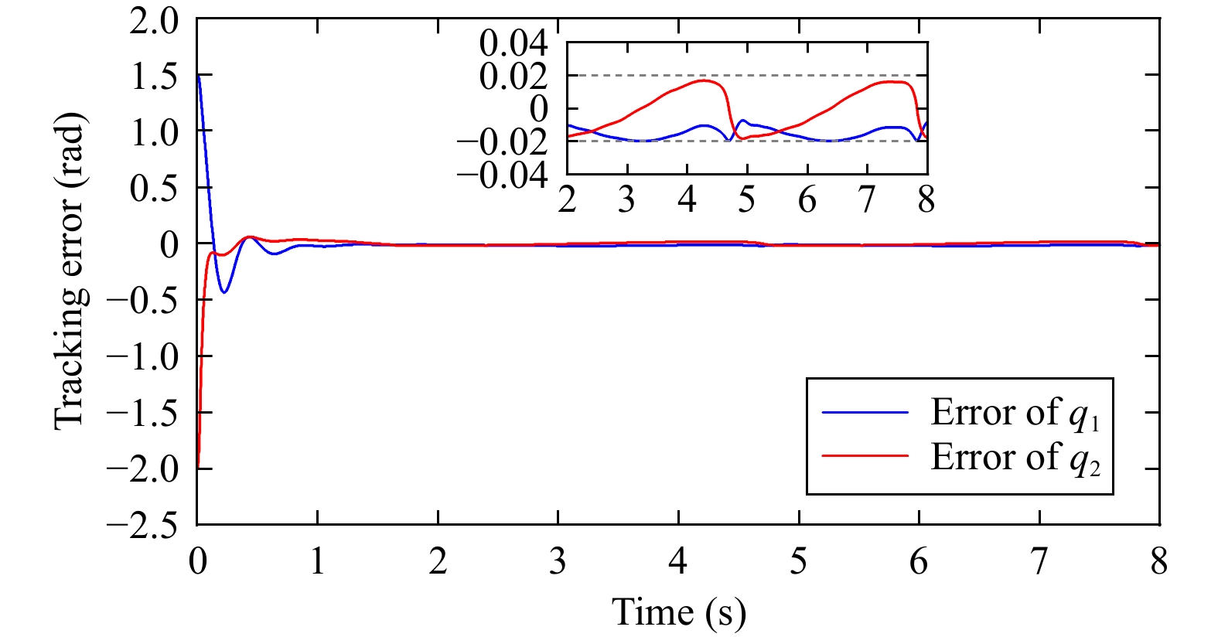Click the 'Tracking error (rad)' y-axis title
[x=70, y=271]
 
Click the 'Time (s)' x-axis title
[x=679, y=612]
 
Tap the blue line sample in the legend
[x=865, y=413]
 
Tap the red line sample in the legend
[x=865, y=456]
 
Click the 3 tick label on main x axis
[x=558, y=562]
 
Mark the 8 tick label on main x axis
[x=1158, y=562]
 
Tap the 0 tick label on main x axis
[x=198, y=562]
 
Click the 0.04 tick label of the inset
[x=513, y=43]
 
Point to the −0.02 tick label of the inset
[x=503, y=142]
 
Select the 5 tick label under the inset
[x=746, y=201]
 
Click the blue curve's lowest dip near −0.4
[x=224, y=292]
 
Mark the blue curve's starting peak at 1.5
[x=199, y=76]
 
